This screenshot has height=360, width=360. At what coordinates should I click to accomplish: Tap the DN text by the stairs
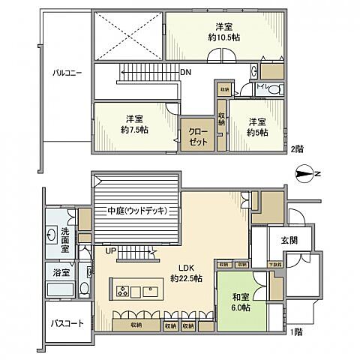(x=185, y=73)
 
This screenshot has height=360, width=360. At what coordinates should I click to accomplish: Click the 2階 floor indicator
(x=297, y=148)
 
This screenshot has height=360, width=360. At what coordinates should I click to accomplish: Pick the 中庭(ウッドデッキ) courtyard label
(x=136, y=211)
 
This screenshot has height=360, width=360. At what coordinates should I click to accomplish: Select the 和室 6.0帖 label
(x=241, y=301)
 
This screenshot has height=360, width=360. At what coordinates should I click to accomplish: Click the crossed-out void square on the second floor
(x=127, y=34)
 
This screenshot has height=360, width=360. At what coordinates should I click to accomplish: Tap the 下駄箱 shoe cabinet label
(x=275, y=265)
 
